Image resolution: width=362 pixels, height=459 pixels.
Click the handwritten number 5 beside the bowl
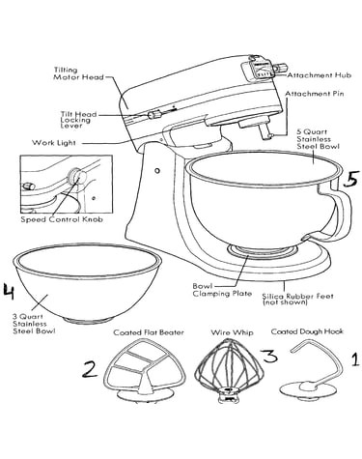pyautogui.click(x=349, y=179)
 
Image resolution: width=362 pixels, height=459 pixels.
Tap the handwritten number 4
pyautogui.click(x=9, y=291)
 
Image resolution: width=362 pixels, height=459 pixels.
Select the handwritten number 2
pyautogui.click(x=90, y=369)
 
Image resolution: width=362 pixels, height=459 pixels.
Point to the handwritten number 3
pyautogui.click(x=268, y=357)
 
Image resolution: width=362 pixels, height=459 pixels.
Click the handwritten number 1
pyautogui.click(x=354, y=359)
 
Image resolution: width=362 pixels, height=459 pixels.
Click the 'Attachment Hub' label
pyautogui.click(x=319, y=75)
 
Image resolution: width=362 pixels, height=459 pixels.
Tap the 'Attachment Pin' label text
pyautogui.click(x=315, y=94)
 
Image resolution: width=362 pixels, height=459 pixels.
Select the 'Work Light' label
pyautogui.click(x=54, y=143)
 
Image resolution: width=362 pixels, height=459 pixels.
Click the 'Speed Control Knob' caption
pyautogui.click(x=62, y=219)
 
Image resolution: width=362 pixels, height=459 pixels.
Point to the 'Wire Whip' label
pyautogui.click(x=232, y=332)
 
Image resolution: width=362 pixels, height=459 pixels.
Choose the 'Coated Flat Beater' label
pyautogui.click(x=149, y=332)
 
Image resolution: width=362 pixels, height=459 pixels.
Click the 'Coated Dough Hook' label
pyautogui.click(x=307, y=331)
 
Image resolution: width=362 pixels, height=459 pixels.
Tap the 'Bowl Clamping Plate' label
pyautogui.click(x=222, y=290)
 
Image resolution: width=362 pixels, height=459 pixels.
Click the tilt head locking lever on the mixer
pyautogui.click(x=154, y=114)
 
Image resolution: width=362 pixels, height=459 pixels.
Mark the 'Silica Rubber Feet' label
pyautogui.click(x=297, y=299)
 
